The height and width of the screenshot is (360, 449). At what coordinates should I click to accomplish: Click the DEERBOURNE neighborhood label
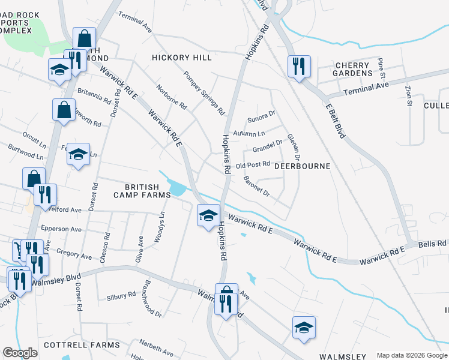pyautogui.click(x=303, y=166)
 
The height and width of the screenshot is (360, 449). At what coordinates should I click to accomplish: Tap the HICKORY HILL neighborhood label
pyautogui.click(x=182, y=58)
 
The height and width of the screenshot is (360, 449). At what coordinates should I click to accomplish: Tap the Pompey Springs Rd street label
pyautogui.click(x=204, y=94)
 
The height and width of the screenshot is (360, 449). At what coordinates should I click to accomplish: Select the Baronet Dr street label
pyautogui.click(x=257, y=187)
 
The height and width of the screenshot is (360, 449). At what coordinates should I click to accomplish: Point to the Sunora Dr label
pyautogui.click(x=261, y=112)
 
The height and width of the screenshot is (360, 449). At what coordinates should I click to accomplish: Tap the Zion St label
pyautogui.click(x=409, y=95)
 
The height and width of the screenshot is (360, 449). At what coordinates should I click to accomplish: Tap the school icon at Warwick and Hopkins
pyautogui.click(x=208, y=215)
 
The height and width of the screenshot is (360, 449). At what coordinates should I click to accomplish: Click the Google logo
pyautogui.click(x=20, y=353)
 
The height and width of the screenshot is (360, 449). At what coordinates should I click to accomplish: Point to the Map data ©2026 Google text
pyautogui.click(x=411, y=355)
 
